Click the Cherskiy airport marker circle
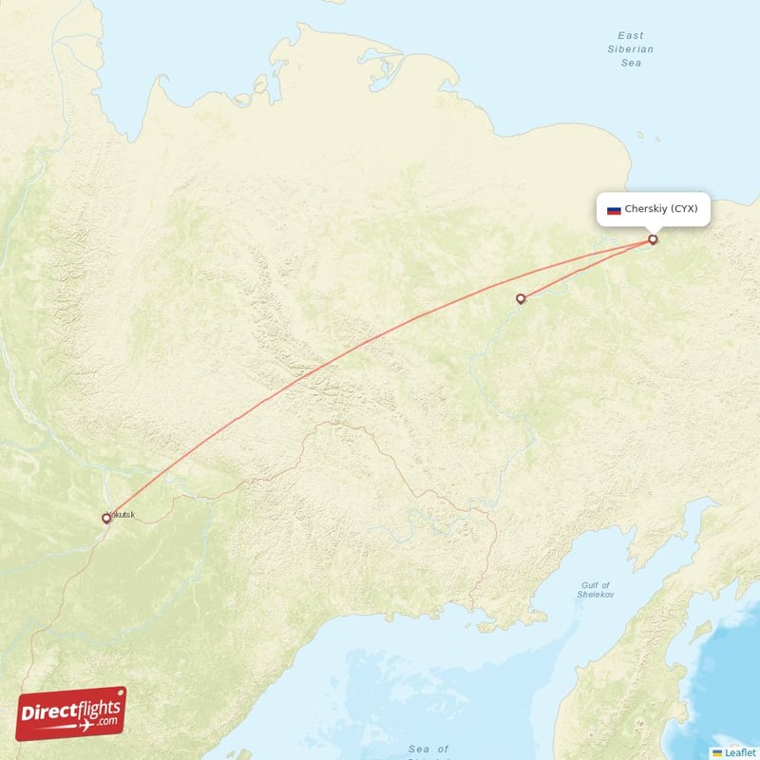tap(653, 239)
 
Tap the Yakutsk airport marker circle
tap(106, 519)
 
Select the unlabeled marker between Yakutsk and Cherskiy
tap(521, 299)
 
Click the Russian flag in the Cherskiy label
tap(614, 209)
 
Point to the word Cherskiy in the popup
tap(646, 209)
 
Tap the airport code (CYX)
tap(684, 209)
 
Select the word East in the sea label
tap(631, 34)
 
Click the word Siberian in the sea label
tap(631, 48)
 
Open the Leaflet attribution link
tap(739, 752)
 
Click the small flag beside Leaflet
tap(717, 752)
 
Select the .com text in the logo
tap(106, 720)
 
